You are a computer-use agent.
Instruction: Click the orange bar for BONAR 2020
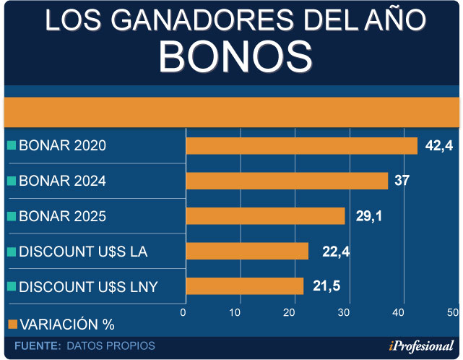[302, 145]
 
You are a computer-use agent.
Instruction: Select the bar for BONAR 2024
[287, 181]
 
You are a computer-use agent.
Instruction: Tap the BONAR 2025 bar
[265, 216]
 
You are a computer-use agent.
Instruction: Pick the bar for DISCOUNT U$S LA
[247, 251]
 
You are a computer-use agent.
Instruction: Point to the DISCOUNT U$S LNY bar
[245, 286]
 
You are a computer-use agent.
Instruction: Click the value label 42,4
[438, 146]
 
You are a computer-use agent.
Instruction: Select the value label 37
[402, 181]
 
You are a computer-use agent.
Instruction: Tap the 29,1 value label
[369, 216]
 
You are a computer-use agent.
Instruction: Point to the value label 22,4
[335, 251]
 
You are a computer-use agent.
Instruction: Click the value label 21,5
[326, 286]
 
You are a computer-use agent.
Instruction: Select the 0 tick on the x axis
[183, 312]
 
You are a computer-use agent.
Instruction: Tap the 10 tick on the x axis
[235, 312]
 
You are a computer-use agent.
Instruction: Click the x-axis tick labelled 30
[345, 312]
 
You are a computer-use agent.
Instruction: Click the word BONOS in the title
[235, 56]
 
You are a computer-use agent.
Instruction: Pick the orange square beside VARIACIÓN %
[12, 323]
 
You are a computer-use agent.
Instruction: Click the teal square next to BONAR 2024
[12, 181]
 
